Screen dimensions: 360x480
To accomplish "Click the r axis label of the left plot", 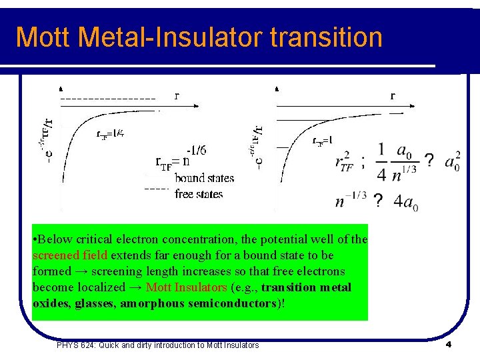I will click(177, 95).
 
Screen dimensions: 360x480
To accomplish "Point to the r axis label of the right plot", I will click(393, 95).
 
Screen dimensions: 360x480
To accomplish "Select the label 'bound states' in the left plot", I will click(204, 178).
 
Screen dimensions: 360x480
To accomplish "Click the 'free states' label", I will click(199, 194).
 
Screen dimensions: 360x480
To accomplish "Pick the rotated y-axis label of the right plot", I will click(259, 144).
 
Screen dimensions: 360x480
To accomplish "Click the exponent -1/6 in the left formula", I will click(196, 150).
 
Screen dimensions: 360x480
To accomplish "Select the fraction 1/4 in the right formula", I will click(381, 162).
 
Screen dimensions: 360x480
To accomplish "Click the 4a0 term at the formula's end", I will click(405, 201).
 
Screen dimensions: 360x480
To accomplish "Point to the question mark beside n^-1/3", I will click(378, 201).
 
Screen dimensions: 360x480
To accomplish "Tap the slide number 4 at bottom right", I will click(449, 345).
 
